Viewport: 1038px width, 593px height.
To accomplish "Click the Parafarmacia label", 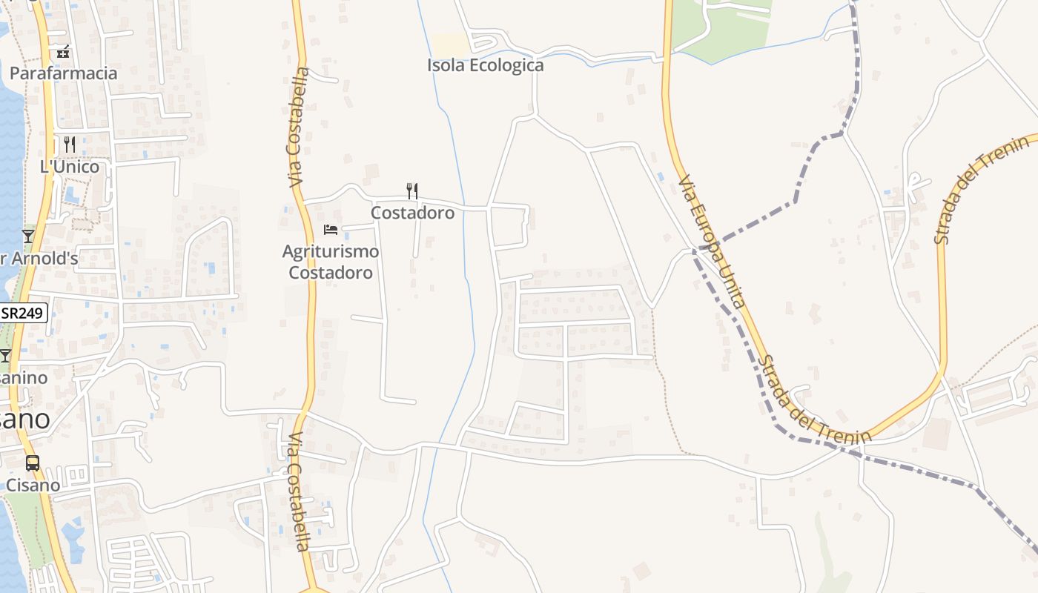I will (64, 73).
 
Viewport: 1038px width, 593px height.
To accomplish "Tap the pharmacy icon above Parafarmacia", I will (64, 52).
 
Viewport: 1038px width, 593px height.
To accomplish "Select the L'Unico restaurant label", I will (70, 167).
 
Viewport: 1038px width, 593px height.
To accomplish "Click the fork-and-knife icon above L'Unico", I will (70, 144).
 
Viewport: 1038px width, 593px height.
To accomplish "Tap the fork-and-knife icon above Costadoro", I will (412, 191).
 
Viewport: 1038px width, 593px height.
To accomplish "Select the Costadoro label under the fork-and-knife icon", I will (412, 213).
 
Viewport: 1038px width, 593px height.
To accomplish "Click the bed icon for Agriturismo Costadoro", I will (331, 230).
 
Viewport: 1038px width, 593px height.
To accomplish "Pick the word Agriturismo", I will (331, 251).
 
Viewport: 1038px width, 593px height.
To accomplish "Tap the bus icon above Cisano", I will (33, 463).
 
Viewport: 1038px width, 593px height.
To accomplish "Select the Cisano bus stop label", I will (33, 486).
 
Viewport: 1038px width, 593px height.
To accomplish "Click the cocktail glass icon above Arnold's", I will (28, 236).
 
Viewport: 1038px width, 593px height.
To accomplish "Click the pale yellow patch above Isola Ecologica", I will (452, 44).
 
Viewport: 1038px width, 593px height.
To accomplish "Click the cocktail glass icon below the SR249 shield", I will (5, 356).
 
